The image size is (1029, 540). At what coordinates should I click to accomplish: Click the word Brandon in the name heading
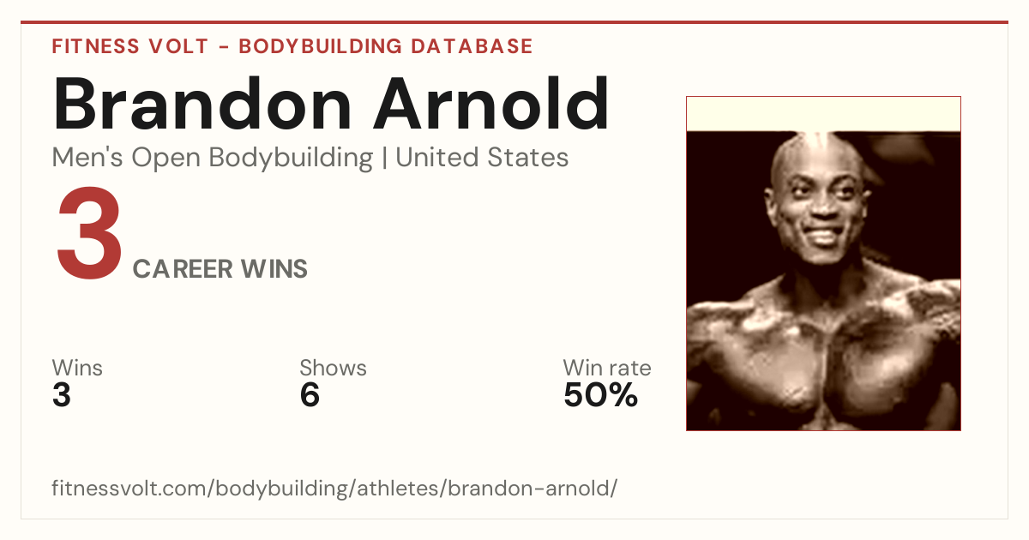(x=202, y=104)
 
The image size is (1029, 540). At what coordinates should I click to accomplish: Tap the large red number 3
(x=89, y=233)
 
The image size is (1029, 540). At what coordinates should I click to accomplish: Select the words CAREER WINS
(x=220, y=269)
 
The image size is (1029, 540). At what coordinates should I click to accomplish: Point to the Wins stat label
(x=77, y=368)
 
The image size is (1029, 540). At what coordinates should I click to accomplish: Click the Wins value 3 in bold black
(x=62, y=395)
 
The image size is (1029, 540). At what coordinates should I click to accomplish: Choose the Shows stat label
(x=333, y=368)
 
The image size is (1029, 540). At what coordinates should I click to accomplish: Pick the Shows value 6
(x=310, y=395)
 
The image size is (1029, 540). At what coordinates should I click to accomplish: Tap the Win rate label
(x=607, y=368)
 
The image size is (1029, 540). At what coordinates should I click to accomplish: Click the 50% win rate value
(x=601, y=395)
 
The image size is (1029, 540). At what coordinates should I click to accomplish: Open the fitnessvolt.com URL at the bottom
(x=334, y=488)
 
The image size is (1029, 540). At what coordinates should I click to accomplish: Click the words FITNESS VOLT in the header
(x=130, y=46)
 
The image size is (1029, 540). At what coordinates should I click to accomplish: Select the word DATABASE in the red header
(x=472, y=46)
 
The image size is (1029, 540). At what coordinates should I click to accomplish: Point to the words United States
(x=482, y=158)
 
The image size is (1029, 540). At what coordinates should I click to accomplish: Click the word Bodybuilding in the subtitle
(x=291, y=159)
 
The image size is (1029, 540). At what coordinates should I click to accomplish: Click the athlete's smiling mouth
(x=825, y=235)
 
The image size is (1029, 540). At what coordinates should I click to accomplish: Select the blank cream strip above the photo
(x=823, y=114)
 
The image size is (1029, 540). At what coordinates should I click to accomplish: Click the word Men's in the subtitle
(x=87, y=158)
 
